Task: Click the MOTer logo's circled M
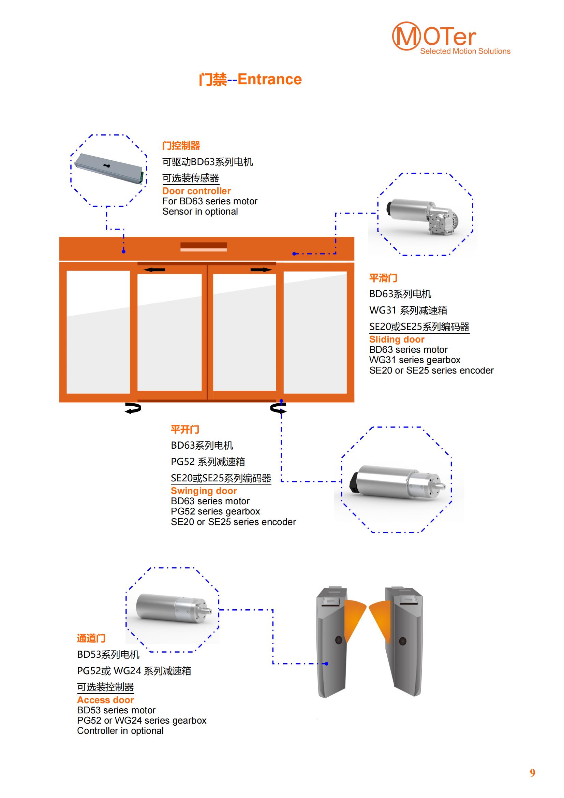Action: (406, 36)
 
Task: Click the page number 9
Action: (532, 773)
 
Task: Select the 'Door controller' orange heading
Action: (196, 191)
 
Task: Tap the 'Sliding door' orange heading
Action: (397, 339)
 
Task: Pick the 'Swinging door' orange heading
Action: (204, 491)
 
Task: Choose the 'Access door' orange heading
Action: (105, 700)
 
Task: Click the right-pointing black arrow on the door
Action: (261, 270)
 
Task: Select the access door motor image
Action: (173, 609)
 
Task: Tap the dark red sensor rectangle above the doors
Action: (204, 246)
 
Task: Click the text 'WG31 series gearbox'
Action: (415, 360)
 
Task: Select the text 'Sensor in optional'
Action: (200, 211)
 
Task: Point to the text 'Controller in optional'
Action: (120, 730)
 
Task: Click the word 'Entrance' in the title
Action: (269, 79)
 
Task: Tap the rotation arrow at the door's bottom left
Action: (133, 408)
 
